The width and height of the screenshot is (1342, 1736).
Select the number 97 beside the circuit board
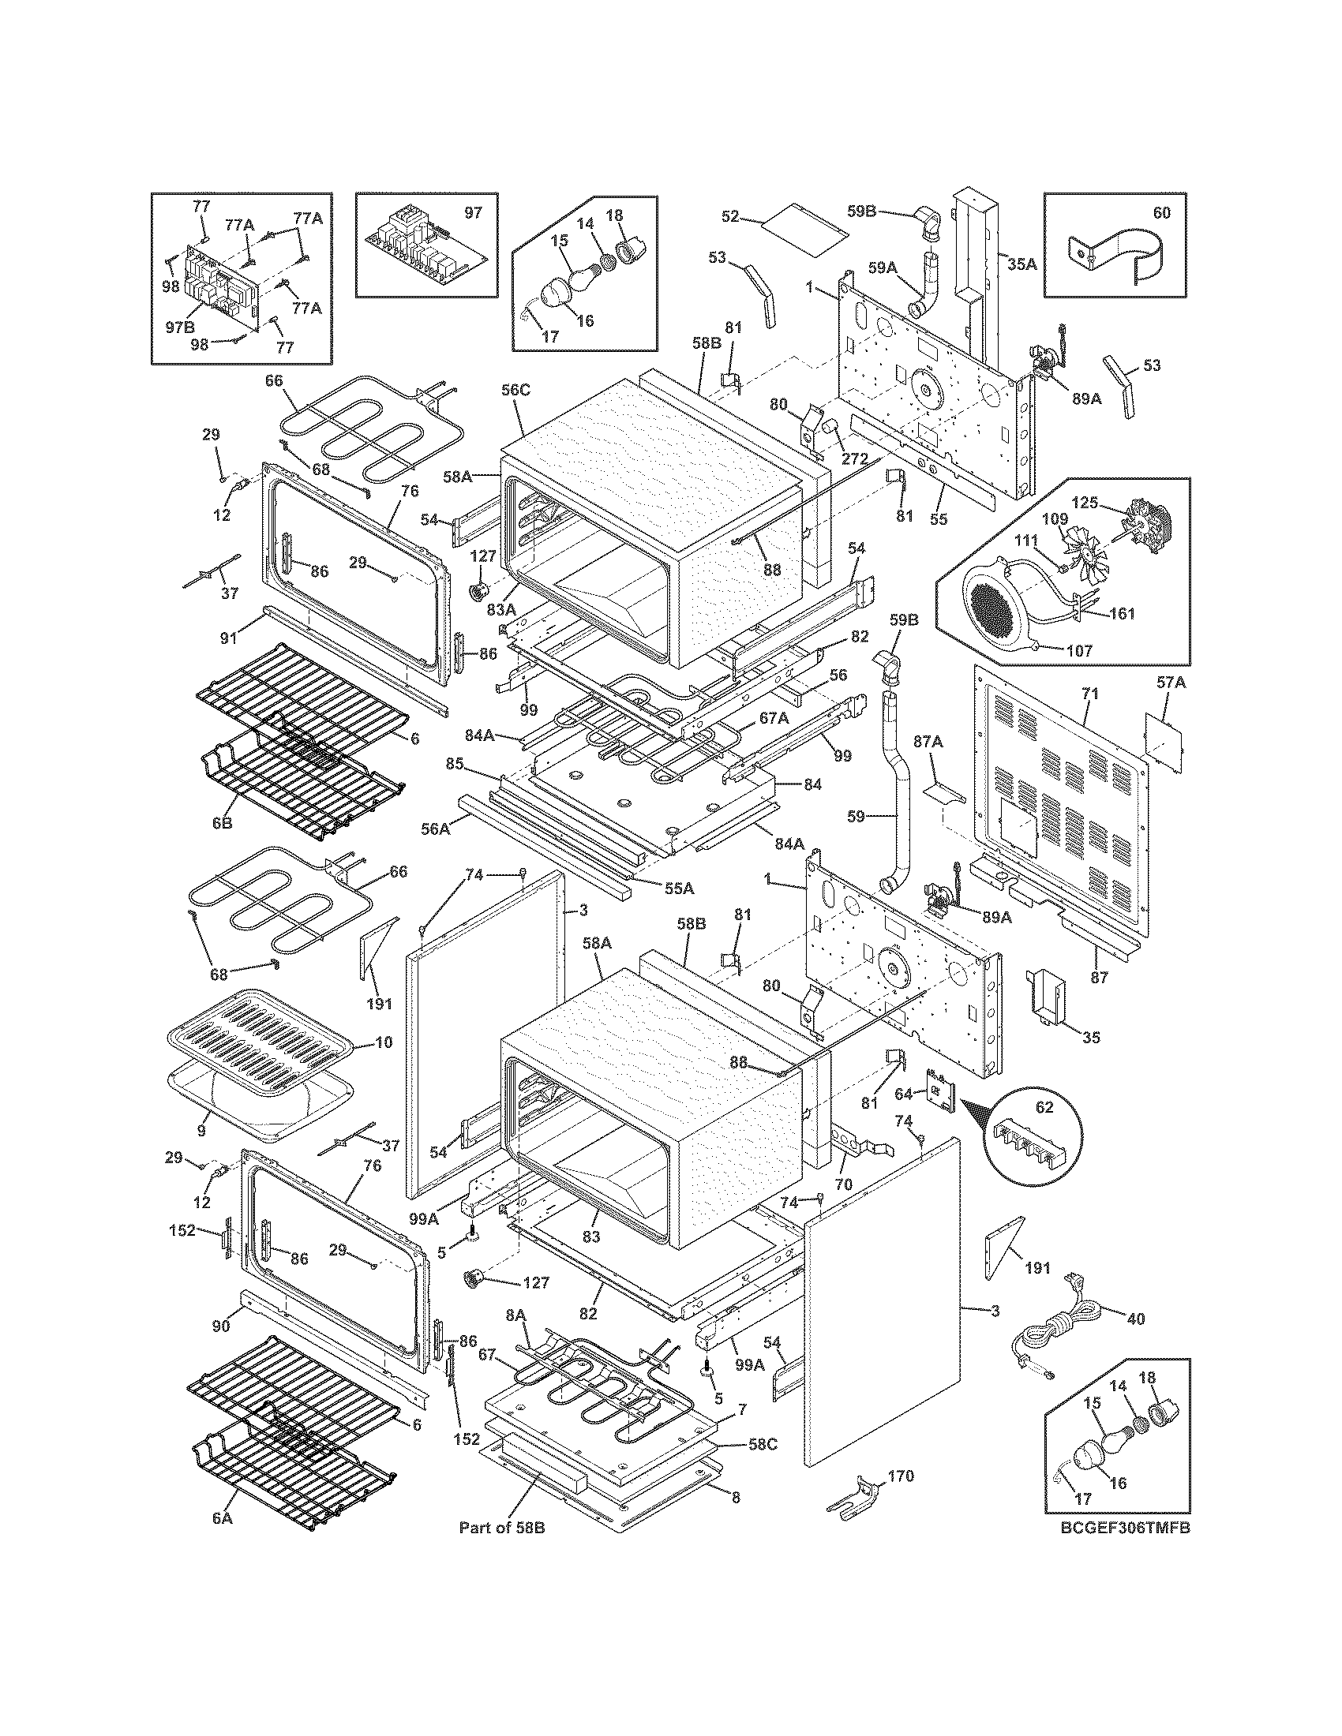coord(473,212)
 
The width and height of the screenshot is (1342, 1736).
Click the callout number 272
coord(857,459)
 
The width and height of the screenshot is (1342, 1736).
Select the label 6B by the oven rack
coord(222,823)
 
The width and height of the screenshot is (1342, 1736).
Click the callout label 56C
coord(515,390)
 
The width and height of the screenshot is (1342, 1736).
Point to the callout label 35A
coord(1023,264)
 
